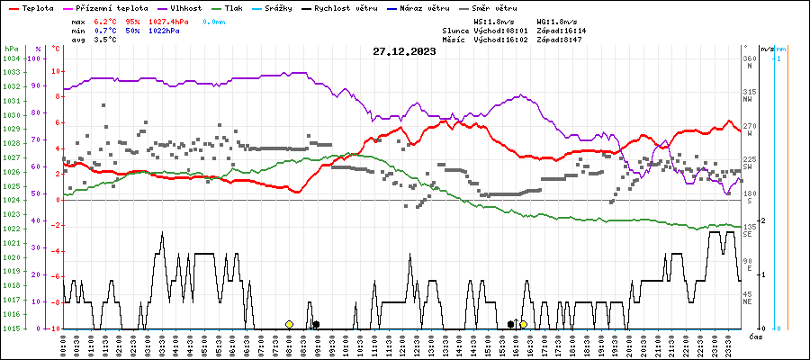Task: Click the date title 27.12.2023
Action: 404,51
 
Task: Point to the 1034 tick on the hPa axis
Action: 11,58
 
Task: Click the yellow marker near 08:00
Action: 289,324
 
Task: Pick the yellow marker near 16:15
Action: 523,324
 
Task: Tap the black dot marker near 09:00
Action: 316,324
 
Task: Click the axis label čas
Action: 756,336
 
